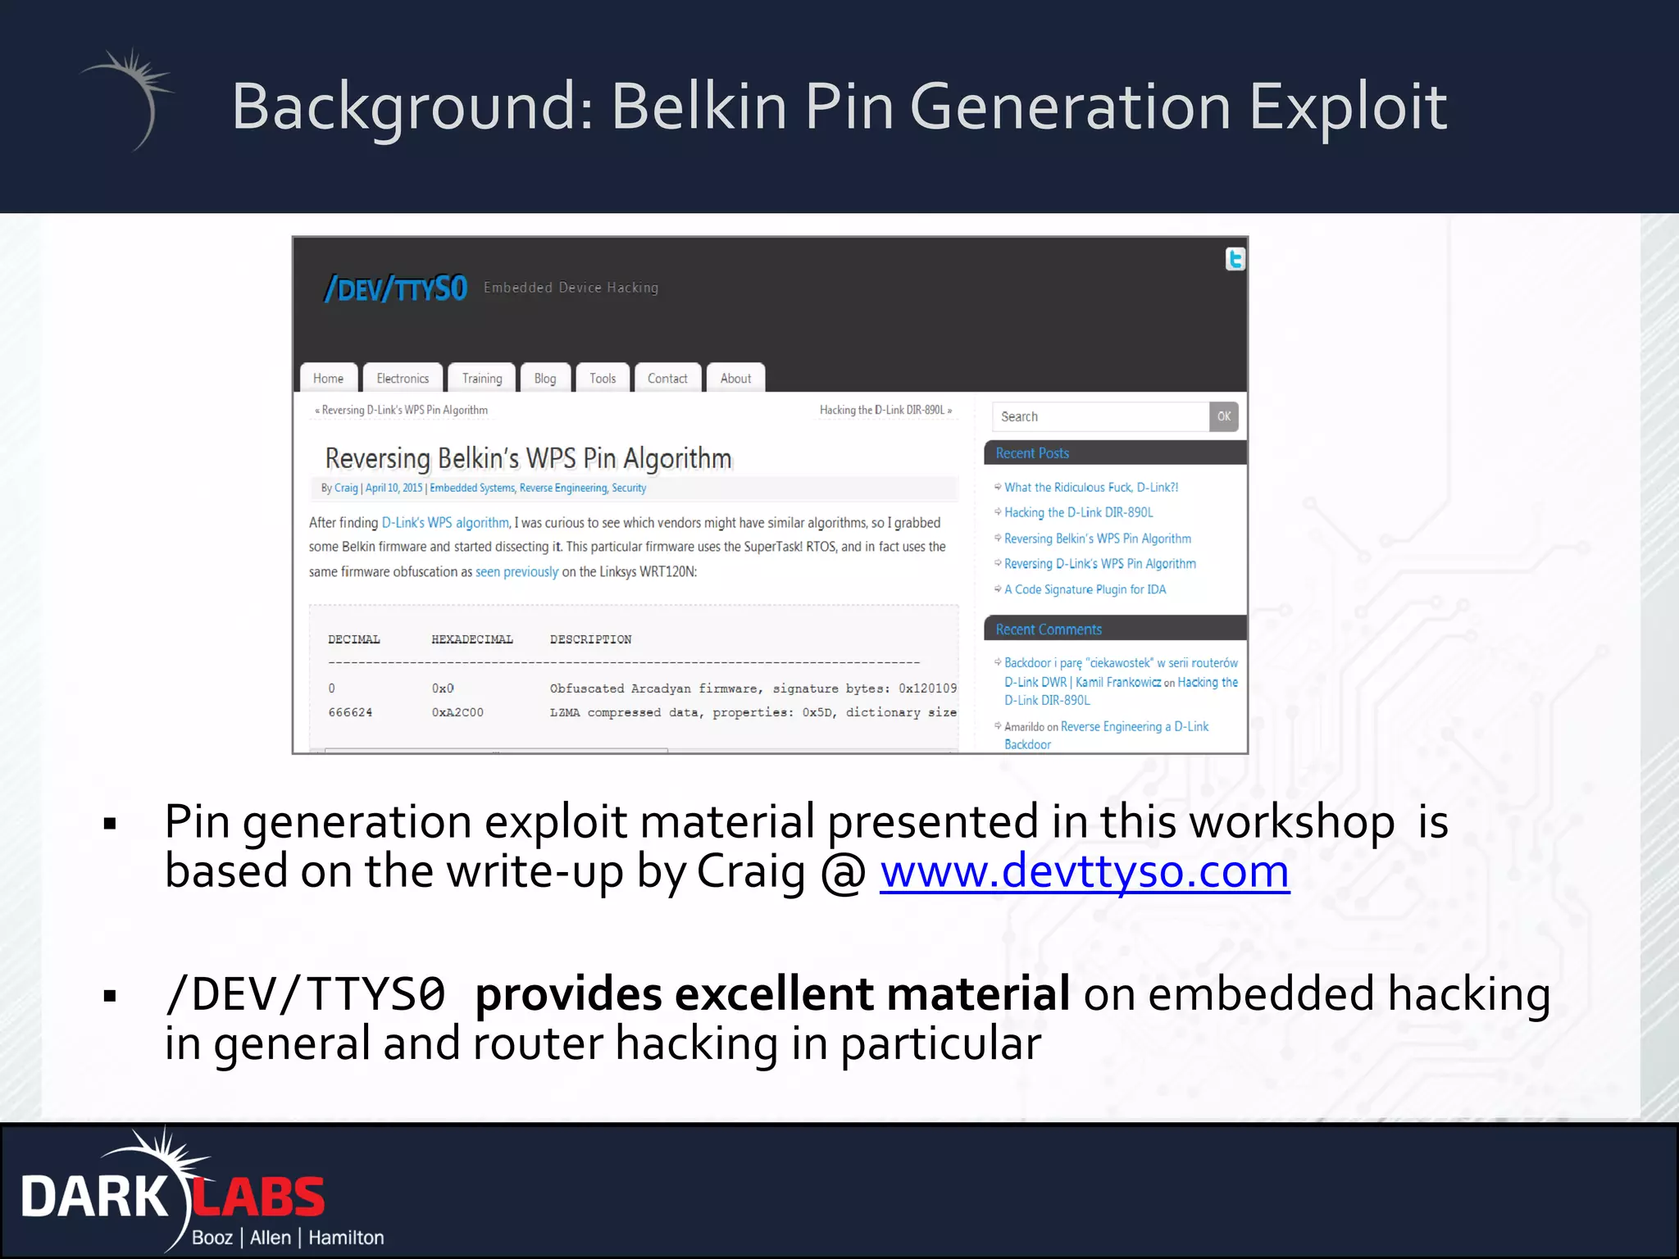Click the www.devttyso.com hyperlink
pyautogui.click(x=1084, y=872)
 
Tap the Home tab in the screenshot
pyautogui.click(x=328, y=379)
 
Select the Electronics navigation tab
pyautogui.click(x=403, y=379)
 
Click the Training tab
pyautogui.click(x=481, y=379)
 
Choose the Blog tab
pyautogui.click(x=544, y=379)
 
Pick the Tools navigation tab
pyautogui.click(x=602, y=379)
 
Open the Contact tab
pyautogui.click(x=667, y=379)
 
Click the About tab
pyautogui.click(x=735, y=379)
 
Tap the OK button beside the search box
pyautogui.click(x=1223, y=416)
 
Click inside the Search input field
pyautogui.click(x=1099, y=416)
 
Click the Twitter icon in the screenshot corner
pyautogui.click(x=1235, y=259)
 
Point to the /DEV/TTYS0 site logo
pyautogui.click(x=396, y=289)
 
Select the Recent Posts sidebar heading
pyautogui.click(x=1032, y=453)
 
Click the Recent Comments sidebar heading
pyautogui.click(x=1049, y=629)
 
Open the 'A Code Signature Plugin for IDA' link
pyautogui.click(x=1085, y=589)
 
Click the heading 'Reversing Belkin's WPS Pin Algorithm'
pyautogui.click(x=528, y=458)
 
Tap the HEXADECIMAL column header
pyautogui.click(x=472, y=639)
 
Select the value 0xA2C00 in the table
pyautogui.click(x=457, y=712)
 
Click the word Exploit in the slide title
pyautogui.click(x=1347, y=107)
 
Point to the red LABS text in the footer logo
pyautogui.click(x=259, y=1198)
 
